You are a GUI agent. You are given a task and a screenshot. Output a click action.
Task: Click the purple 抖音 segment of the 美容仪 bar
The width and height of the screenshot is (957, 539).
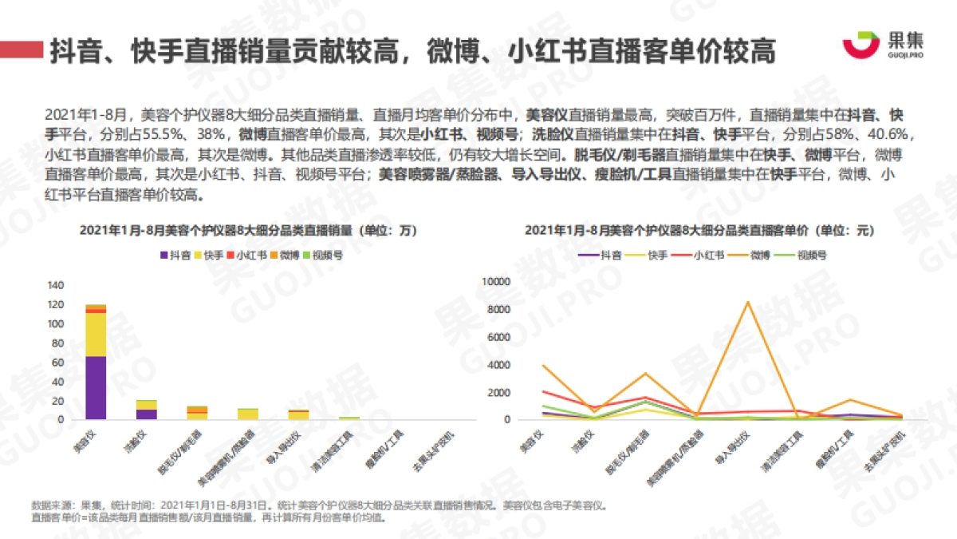[x=96, y=388]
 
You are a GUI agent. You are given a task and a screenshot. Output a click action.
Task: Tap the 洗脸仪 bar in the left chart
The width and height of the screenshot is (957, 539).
[x=147, y=410]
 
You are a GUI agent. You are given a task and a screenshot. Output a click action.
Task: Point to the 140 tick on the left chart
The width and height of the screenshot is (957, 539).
[x=56, y=286]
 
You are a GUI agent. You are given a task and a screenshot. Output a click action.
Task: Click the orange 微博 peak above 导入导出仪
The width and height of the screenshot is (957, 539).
[x=747, y=302]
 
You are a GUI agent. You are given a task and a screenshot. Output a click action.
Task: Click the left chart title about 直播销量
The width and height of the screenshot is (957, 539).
[x=248, y=230]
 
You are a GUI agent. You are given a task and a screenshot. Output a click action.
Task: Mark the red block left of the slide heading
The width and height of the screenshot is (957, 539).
[x=22, y=50]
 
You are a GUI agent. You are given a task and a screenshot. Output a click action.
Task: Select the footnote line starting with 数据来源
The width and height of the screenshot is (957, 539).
[x=319, y=505]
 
